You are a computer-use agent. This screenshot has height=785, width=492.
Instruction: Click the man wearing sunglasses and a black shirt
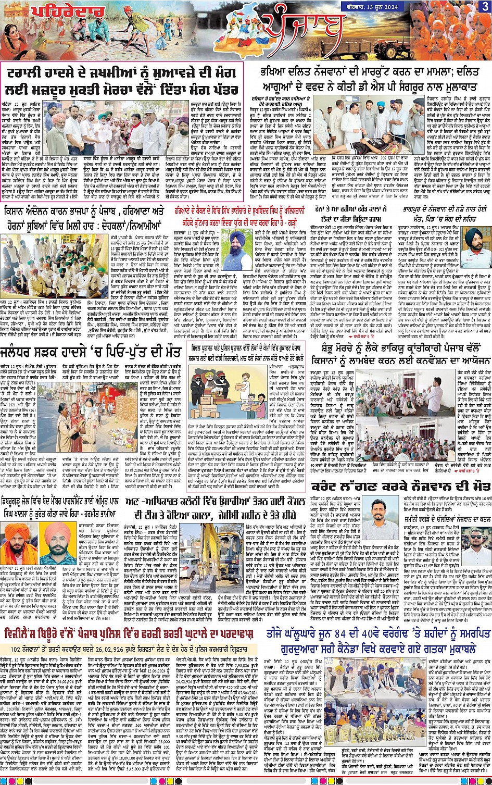[473, 542]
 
